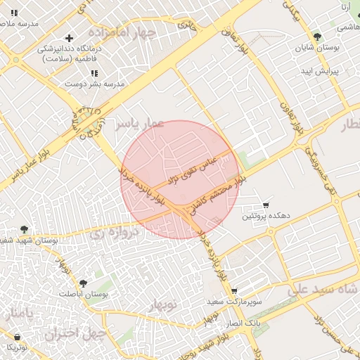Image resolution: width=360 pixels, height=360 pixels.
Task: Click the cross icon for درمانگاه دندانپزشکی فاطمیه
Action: click(69, 38)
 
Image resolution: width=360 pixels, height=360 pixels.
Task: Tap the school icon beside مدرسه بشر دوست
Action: click(94, 72)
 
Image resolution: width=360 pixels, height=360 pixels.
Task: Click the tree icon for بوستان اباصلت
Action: click(83, 283)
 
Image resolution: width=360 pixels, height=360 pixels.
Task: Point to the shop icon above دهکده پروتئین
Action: click(265, 205)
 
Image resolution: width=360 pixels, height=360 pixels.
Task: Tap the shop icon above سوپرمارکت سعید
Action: click(234, 291)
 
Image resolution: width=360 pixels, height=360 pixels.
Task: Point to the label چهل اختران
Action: click(75, 333)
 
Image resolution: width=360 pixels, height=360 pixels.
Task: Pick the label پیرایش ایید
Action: click(321, 72)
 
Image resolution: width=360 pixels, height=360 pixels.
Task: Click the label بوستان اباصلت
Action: click(84, 295)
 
